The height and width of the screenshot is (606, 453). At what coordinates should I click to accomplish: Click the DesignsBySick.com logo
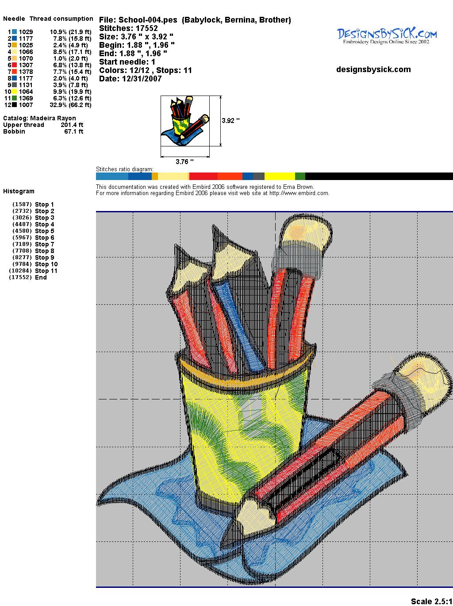(387, 36)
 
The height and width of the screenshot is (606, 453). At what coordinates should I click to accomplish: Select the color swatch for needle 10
(14, 92)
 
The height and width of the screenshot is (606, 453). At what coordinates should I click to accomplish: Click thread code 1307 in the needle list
(26, 65)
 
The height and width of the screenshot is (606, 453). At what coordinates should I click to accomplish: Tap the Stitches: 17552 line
(128, 28)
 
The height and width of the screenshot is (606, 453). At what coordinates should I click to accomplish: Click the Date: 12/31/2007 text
(131, 79)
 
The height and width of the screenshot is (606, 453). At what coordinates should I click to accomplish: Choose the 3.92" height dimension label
(230, 121)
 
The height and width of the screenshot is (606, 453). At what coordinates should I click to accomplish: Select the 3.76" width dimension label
(184, 161)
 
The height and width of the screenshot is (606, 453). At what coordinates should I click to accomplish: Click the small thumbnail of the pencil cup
(185, 121)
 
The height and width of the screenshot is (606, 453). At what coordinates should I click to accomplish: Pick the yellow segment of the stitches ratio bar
(280, 176)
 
